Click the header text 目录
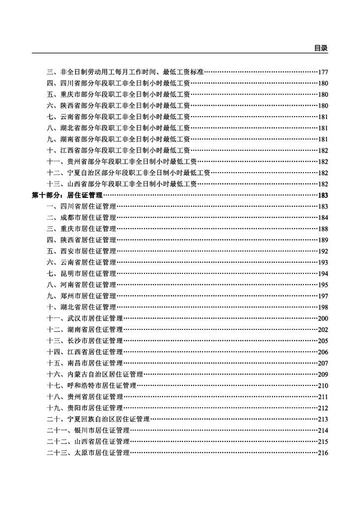[321, 48]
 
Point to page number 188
[323, 229]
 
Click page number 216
[323, 452]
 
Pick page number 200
[323, 318]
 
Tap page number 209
[323, 374]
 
